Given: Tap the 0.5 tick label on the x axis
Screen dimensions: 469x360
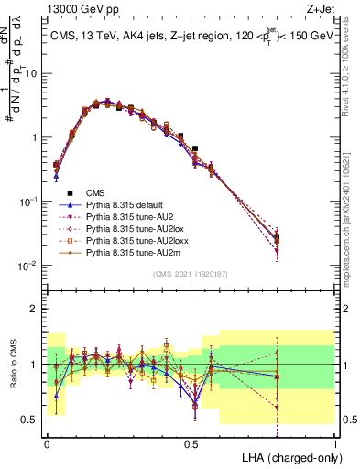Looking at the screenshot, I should [191, 442].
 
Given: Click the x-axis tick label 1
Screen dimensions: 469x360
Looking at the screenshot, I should [335, 442].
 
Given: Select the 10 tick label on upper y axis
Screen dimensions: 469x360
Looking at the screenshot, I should [33, 73].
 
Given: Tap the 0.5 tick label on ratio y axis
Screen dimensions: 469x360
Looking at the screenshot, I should [33, 420].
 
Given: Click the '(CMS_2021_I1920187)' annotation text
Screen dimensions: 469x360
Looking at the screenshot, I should [191, 273].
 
